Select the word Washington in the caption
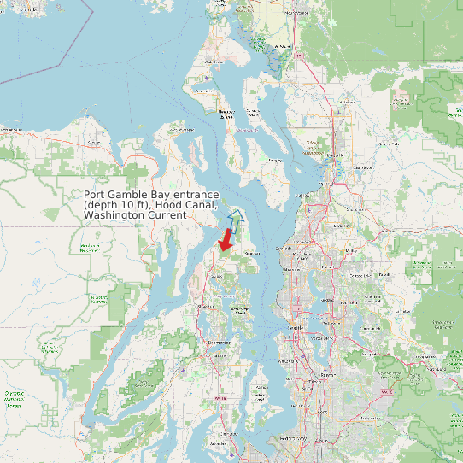point(114,216)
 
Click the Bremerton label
point(218,343)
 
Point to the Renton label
point(327,374)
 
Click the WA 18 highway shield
point(386,392)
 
